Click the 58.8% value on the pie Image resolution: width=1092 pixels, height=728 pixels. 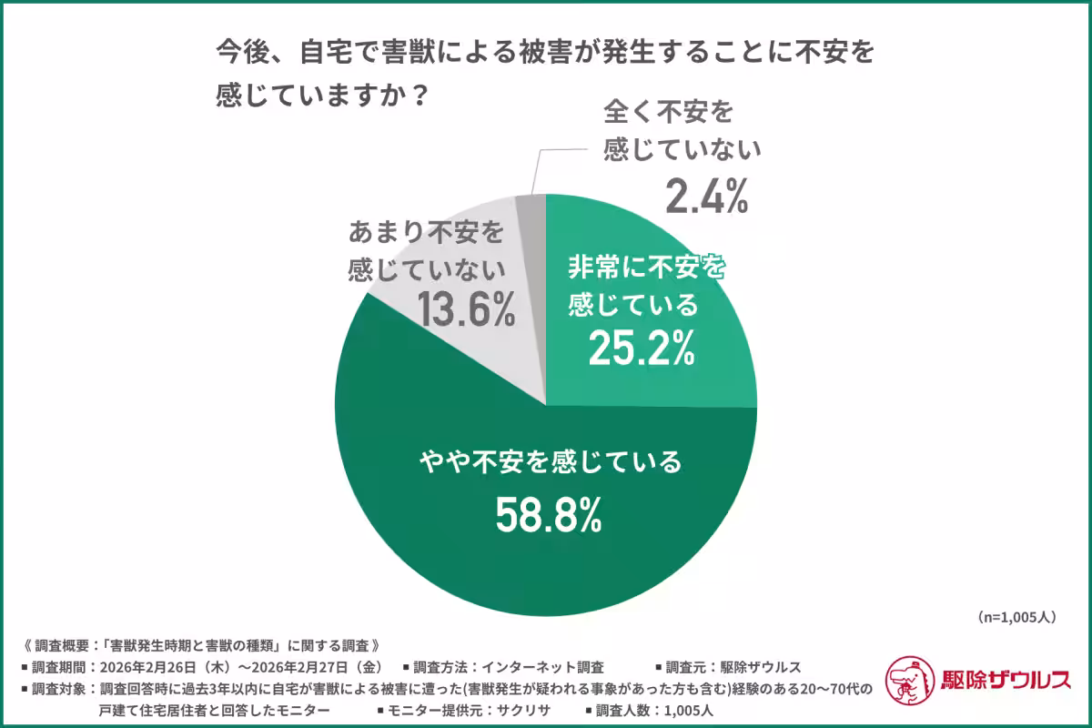(549, 515)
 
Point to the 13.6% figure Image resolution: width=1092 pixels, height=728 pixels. (466, 309)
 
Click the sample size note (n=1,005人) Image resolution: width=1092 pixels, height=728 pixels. (1016, 617)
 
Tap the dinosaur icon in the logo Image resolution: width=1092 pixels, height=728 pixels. (911, 680)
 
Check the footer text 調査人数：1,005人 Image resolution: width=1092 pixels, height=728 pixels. (650, 711)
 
